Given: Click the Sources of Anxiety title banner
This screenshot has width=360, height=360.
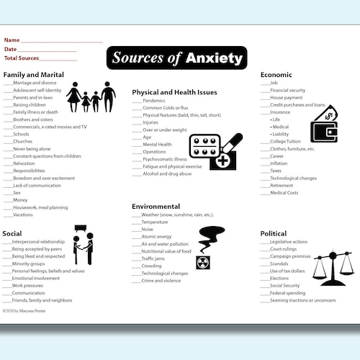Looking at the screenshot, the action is (x=177, y=58).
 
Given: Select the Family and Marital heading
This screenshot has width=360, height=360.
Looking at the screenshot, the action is (x=35, y=75).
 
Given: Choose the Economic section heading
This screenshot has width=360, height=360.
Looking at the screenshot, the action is (x=276, y=75).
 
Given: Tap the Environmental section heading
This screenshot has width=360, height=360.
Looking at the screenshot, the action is (x=156, y=206).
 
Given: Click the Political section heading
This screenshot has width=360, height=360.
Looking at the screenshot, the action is (x=274, y=233).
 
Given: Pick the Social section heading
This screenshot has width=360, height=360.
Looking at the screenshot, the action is (x=12, y=233).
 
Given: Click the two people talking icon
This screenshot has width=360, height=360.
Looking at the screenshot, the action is (x=82, y=245).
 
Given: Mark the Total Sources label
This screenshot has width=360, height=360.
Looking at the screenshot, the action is (x=21, y=58).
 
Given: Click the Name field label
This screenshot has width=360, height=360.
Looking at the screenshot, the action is (x=12, y=40).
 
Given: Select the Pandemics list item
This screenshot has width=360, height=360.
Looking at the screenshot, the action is (x=154, y=101).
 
